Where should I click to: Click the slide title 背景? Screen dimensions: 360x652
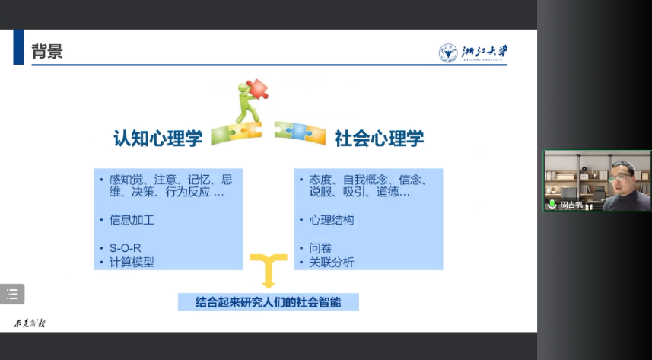pos(46,51)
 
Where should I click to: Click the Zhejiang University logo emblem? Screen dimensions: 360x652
pos(449,53)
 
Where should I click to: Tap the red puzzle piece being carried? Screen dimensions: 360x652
pos(256,89)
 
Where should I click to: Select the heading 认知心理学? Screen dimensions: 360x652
pos(157,138)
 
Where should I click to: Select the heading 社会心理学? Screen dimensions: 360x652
pos(379,138)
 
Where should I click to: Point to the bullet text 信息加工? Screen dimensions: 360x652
pos(132,220)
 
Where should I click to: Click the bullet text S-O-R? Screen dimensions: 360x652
pos(126,248)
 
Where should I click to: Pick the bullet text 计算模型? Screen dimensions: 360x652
pos(132,263)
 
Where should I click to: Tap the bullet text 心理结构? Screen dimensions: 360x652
pos(331,220)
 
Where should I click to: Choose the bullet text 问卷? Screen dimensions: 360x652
pos(320,248)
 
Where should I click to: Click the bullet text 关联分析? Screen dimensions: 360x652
pos(331,263)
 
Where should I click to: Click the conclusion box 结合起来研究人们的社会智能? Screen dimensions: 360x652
pos(268,302)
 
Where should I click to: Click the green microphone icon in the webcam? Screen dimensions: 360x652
pos(552,204)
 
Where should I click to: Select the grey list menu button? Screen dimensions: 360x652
pos(12,294)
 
